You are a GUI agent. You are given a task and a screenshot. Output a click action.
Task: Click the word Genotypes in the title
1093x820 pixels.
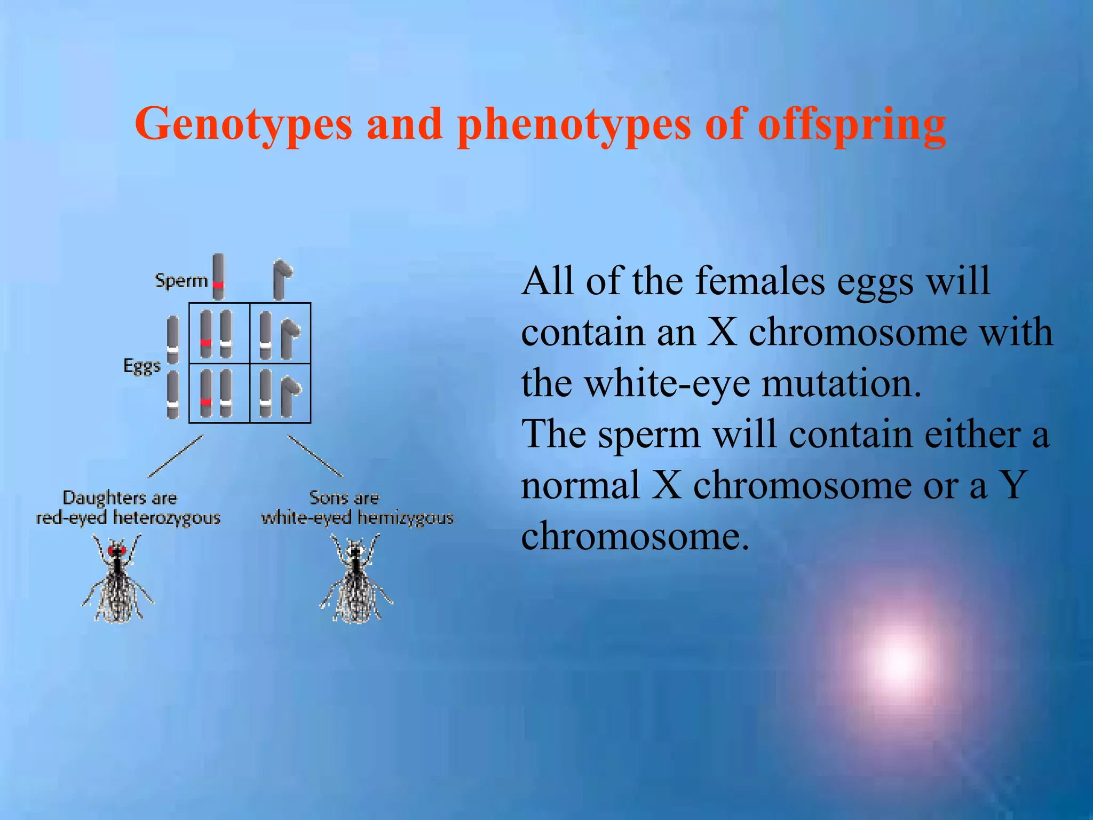click(x=243, y=125)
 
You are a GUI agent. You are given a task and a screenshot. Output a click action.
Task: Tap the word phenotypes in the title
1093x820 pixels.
click(x=575, y=125)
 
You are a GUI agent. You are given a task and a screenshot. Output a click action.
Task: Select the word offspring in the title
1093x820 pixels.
click(x=852, y=125)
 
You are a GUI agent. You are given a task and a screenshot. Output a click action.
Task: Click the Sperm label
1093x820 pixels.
click(x=181, y=281)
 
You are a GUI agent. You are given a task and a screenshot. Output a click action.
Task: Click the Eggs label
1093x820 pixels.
click(x=141, y=366)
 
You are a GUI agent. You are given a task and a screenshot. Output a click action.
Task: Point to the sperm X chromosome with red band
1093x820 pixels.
click(x=218, y=276)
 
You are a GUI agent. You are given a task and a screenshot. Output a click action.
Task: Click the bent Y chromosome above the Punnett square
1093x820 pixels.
click(x=281, y=279)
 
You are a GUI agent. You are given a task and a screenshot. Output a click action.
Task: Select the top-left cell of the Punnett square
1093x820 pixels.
click(x=219, y=334)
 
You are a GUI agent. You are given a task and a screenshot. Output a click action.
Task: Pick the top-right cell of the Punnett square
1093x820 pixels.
click(x=280, y=334)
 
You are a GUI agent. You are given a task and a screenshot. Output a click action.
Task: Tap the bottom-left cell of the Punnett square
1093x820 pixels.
click(x=219, y=393)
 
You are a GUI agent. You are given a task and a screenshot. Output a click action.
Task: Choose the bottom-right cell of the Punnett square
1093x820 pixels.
click(x=280, y=393)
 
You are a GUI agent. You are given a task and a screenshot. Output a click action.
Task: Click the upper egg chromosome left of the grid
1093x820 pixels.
click(x=173, y=340)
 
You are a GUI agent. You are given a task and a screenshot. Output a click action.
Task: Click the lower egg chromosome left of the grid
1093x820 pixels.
click(x=172, y=395)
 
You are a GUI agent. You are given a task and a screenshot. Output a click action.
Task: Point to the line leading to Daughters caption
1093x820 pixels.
click(x=175, y=456)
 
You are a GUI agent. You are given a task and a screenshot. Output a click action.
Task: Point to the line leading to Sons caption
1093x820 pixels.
click(x=315, y=456)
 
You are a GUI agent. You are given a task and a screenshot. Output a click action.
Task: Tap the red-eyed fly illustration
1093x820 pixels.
click(x=117, y=579)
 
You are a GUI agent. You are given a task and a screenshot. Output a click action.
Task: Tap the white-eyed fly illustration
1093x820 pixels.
click(x=355, y=579)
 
